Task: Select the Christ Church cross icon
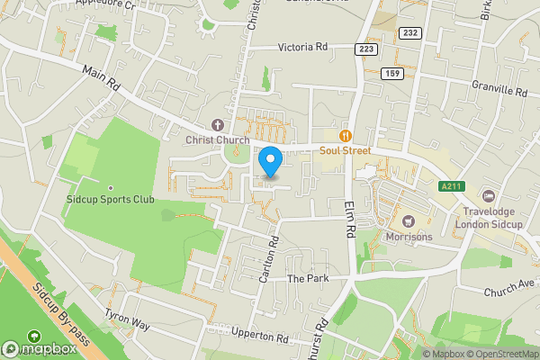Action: point(216,124)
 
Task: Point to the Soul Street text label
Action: point(345,150)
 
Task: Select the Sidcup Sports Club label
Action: point(111,199)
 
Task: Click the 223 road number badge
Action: point(364,49)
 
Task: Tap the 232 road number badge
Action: point(410,32)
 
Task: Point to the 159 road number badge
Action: point(391,73)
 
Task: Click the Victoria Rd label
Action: point(301,47)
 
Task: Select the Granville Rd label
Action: point(499,91)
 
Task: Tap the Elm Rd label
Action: point(350,218)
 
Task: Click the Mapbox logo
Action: point(40,348)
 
